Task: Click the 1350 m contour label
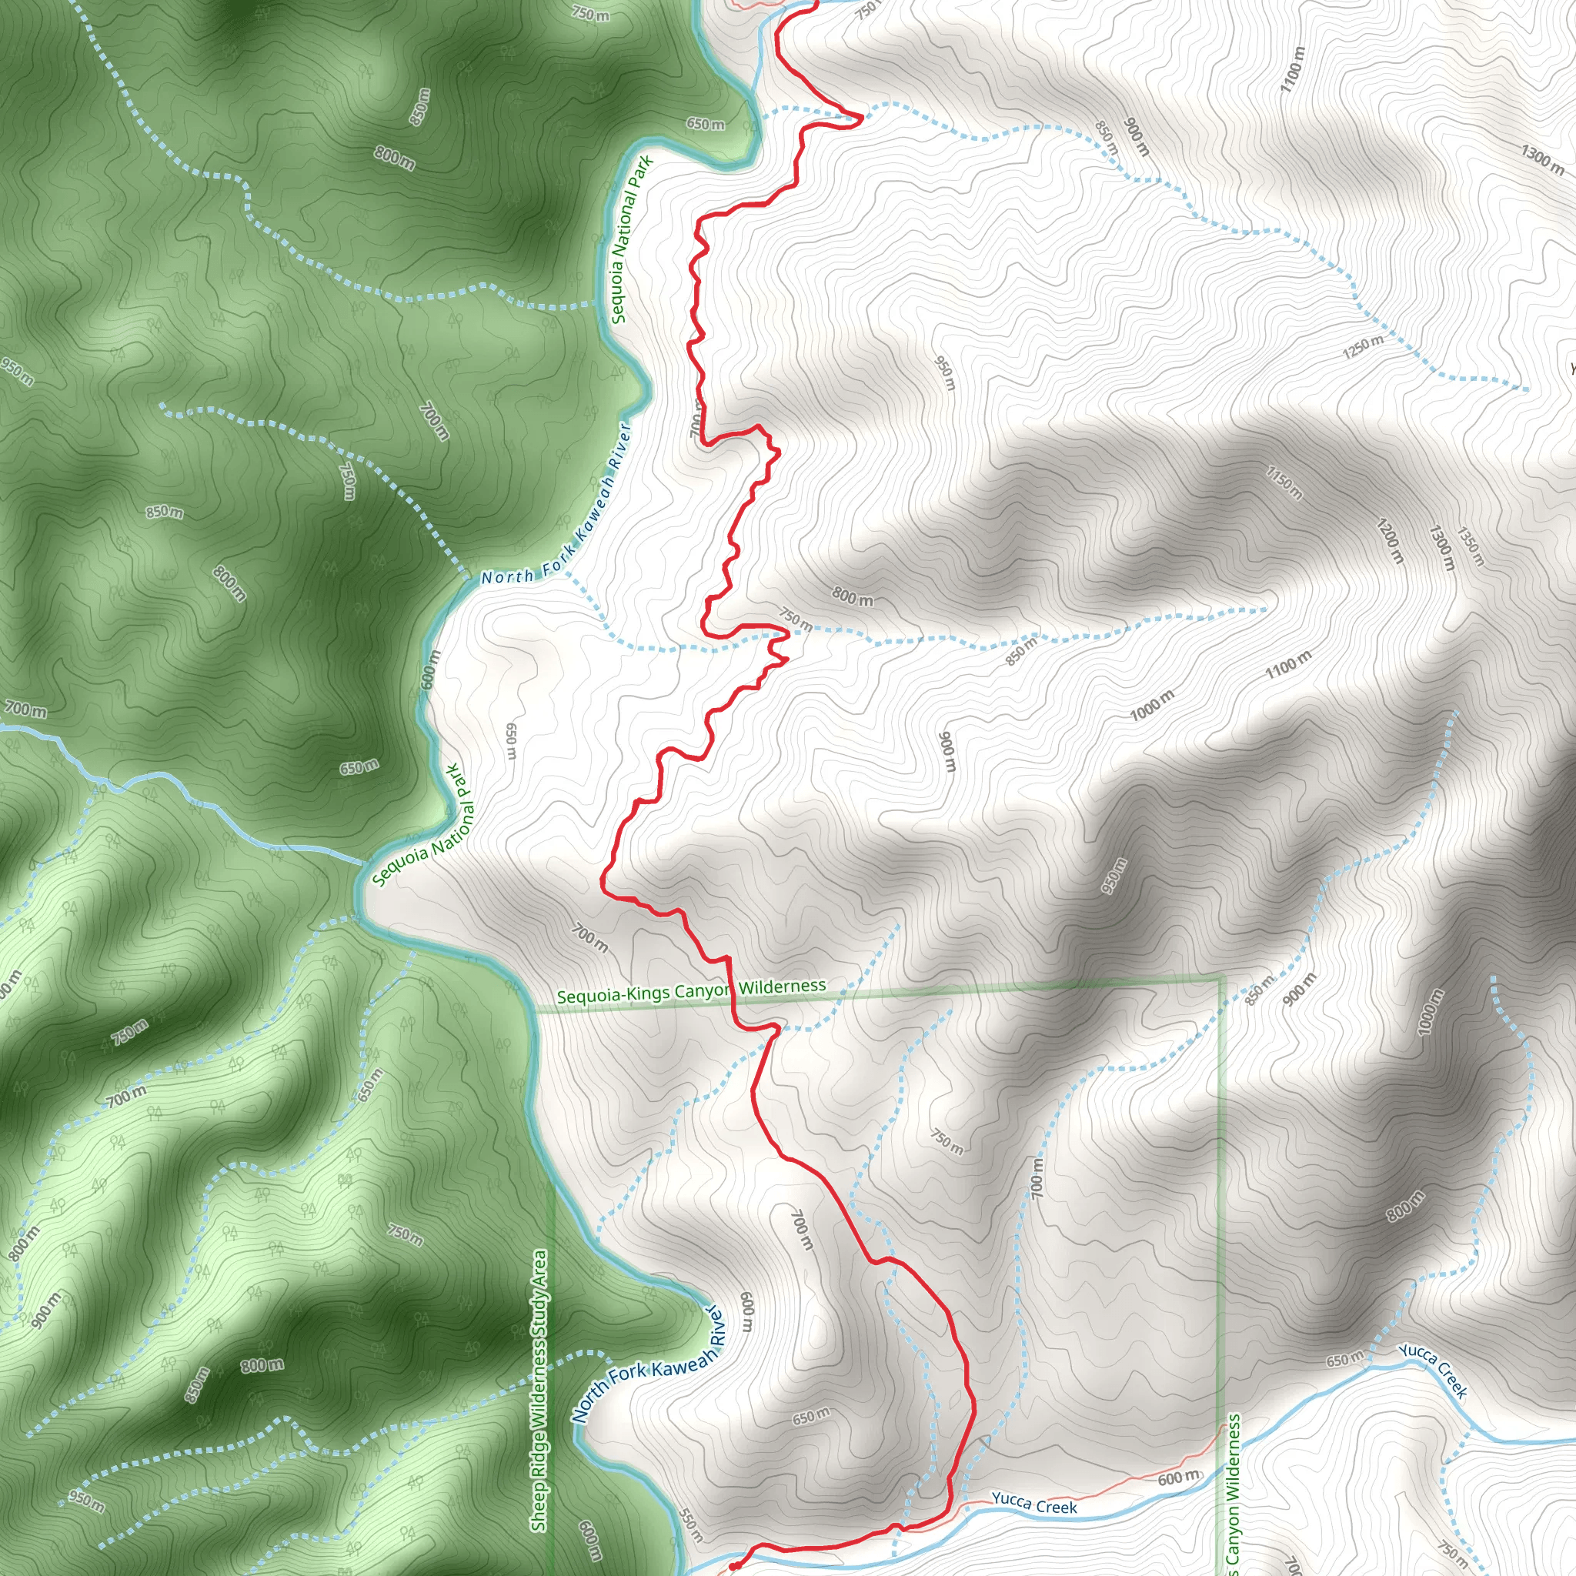point(1470,547)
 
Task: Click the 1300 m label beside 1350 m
point(1441,547)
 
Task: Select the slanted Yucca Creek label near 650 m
point(1433,1370)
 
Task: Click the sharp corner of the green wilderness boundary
point(1220,977)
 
